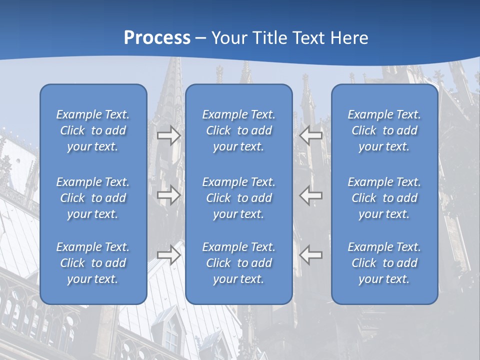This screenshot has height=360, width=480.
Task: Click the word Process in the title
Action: click(157, 38)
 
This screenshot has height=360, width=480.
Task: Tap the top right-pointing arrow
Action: click(168, 135)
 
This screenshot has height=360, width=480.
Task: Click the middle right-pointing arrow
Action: click(168, 194)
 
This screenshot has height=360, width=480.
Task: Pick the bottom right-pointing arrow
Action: click(168, 254)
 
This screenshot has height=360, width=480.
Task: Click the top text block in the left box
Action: click(93, 130)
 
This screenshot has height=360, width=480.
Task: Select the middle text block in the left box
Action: click(93, 198)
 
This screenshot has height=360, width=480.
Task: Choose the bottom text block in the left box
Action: click(93, 263)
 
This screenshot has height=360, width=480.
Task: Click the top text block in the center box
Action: click(238, 130)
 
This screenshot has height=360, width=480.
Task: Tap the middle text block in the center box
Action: click(238, 198)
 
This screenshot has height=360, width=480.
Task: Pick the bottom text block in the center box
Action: click(238, 263)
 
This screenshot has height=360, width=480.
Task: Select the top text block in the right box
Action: click(384, 130)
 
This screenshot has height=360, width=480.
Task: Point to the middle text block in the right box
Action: click(384, 198)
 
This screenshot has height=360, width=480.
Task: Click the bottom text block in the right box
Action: click(384, 263)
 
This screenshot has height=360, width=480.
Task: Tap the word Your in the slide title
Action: click(227, 38)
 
